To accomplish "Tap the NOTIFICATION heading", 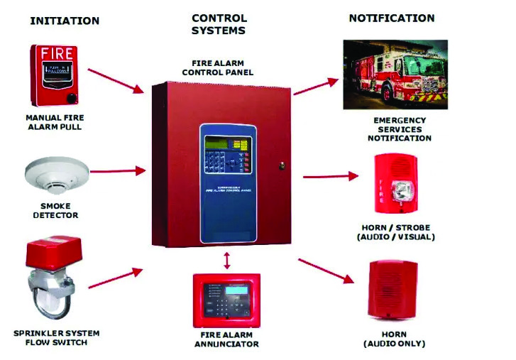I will click(x=392, y=18).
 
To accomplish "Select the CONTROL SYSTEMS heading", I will click(x=219, y=24).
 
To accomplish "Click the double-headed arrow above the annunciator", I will click(x=226, y=260).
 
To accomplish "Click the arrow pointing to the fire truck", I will click(x=316, y=87).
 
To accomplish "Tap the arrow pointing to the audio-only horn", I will click(x=326, y=271).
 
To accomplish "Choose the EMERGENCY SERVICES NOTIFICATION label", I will click(x=399, y=129).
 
